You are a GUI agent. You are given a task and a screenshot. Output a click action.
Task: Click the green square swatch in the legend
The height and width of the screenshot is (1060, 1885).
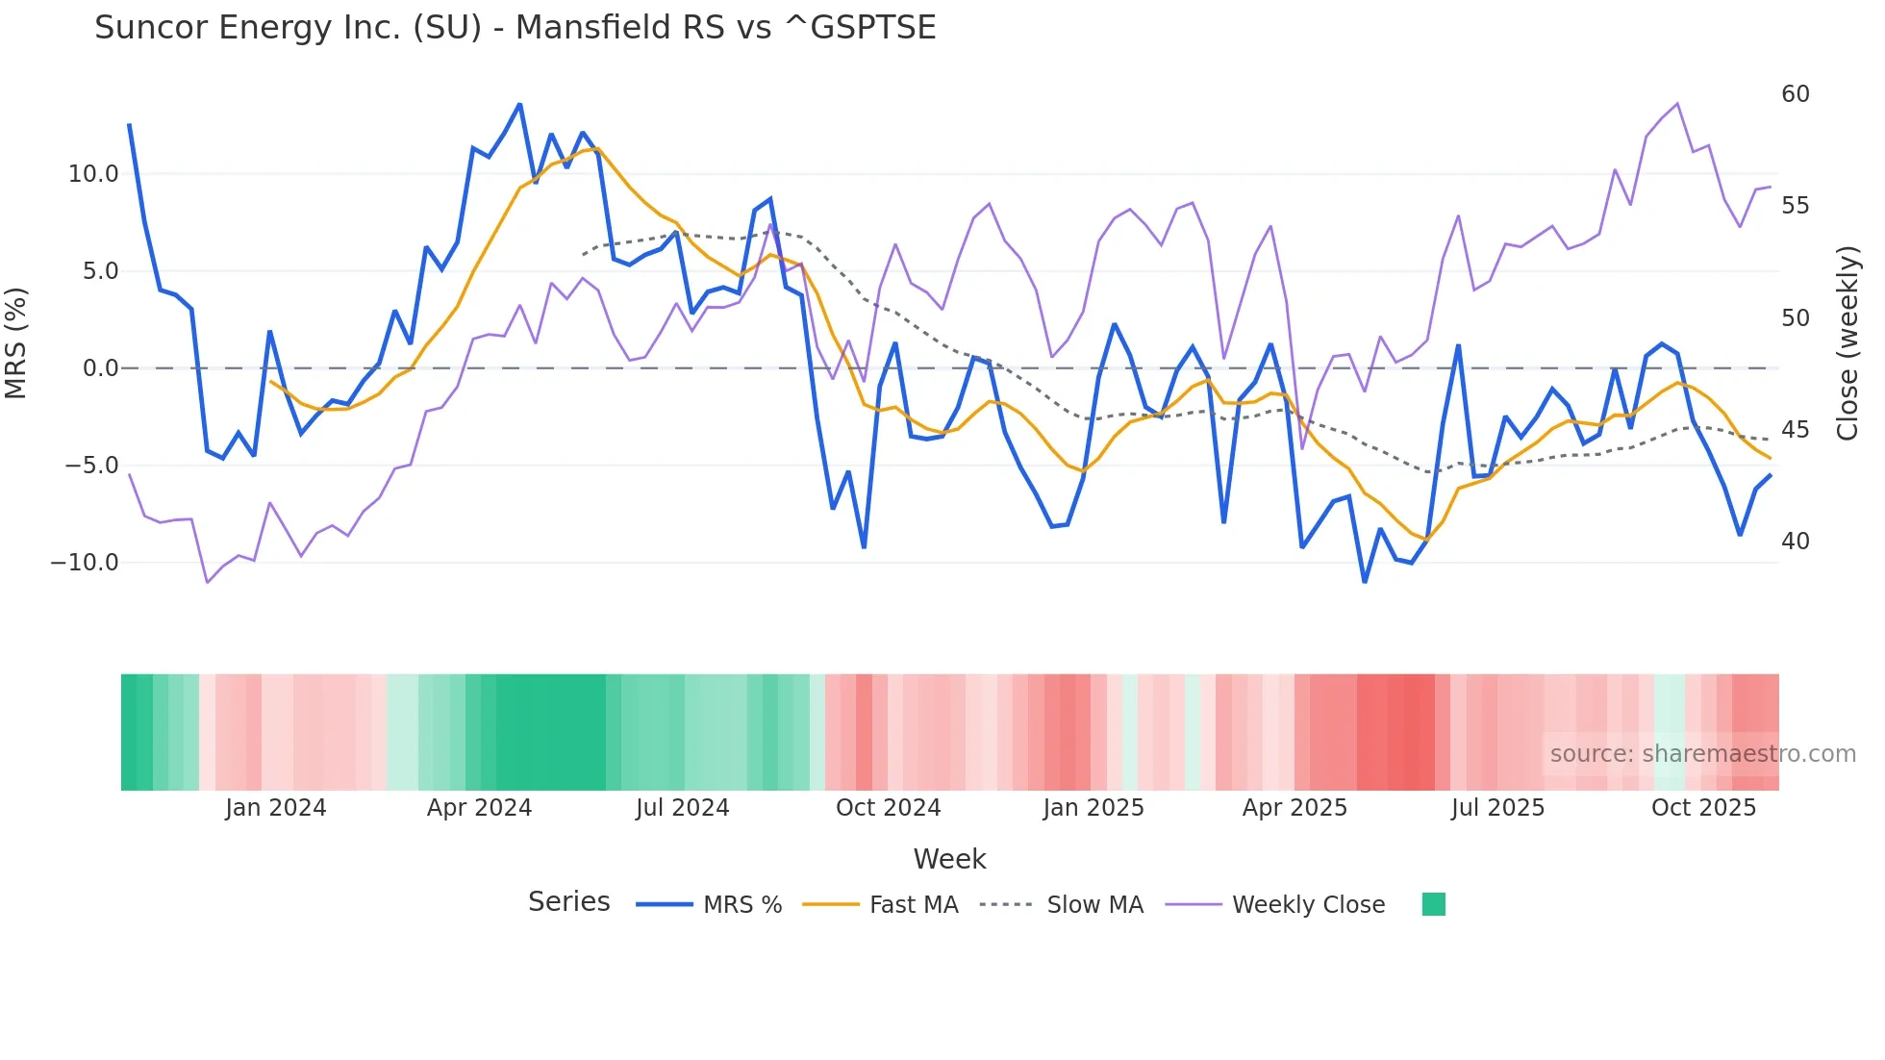pos(1433,904)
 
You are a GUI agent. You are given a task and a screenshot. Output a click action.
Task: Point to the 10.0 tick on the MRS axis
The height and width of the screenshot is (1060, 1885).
pos(93,174)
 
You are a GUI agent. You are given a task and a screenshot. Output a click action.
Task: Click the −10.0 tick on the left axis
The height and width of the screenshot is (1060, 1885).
pos(85,563)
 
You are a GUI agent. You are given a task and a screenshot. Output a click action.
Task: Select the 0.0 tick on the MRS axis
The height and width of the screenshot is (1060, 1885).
pos(100,368)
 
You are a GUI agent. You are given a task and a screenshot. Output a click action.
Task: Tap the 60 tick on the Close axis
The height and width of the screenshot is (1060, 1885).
pos(1795,94)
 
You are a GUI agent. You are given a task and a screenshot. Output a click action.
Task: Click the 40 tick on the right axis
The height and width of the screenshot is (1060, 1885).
pos(1795,542)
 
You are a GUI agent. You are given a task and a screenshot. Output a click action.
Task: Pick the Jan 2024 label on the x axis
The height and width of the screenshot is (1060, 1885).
pos(276,808)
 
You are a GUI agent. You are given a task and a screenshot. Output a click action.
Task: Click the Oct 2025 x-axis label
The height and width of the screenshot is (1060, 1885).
pos(1703,808)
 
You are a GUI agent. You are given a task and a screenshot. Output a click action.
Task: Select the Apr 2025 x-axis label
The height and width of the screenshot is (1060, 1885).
pos(1294,808)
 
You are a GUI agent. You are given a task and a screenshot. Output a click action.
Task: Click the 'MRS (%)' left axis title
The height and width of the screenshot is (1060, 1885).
pos(16,343)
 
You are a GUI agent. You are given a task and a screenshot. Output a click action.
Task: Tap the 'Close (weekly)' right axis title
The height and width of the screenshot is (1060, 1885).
pos(1847,343)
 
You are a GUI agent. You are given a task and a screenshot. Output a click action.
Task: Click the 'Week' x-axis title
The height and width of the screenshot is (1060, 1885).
pos(949,859)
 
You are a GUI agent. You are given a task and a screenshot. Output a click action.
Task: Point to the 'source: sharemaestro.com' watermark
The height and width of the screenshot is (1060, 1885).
pos(1702,754)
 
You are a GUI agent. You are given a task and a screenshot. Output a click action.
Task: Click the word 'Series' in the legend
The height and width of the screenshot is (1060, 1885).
pos(568,902)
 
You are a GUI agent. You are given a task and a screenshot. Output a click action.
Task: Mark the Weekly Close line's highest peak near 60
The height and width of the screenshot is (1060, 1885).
pos(1677,104)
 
